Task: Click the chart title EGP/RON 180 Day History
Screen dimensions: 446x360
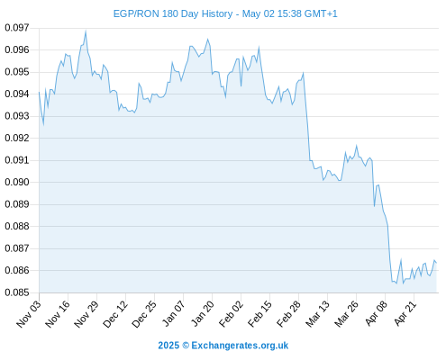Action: tap(173, 13)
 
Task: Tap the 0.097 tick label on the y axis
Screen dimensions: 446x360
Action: tap(17, 28)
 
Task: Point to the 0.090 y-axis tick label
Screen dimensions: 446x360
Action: tap(17, 182)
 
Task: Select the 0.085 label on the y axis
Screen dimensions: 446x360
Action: tap(17, 292)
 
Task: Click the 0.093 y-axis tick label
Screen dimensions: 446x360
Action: tap(17, 116)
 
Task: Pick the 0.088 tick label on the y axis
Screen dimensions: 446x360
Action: tap(17, 226)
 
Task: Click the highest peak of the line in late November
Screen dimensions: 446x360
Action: tap(86, 31)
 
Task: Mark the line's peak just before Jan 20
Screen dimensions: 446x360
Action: tap(207, 39)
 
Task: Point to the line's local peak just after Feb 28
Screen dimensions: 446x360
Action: tap(304, 73)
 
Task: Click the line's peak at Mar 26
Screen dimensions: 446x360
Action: tap(357, 146)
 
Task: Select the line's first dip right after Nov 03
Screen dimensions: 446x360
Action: tap(43, 125)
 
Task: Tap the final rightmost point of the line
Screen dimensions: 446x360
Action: tap(436, 263)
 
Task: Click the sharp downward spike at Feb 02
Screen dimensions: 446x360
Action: tap(241, 86)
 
